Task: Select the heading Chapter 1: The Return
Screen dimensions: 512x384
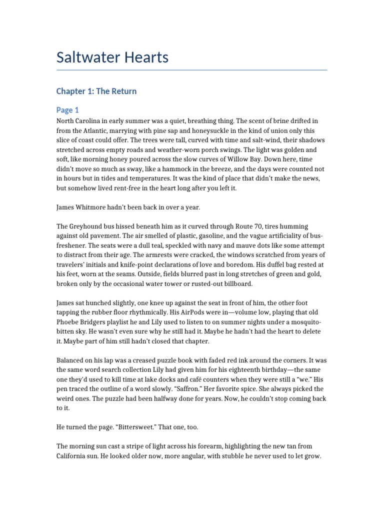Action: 96,91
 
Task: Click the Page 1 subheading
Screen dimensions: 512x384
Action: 67,110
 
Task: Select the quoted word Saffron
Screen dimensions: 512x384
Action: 177,388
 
